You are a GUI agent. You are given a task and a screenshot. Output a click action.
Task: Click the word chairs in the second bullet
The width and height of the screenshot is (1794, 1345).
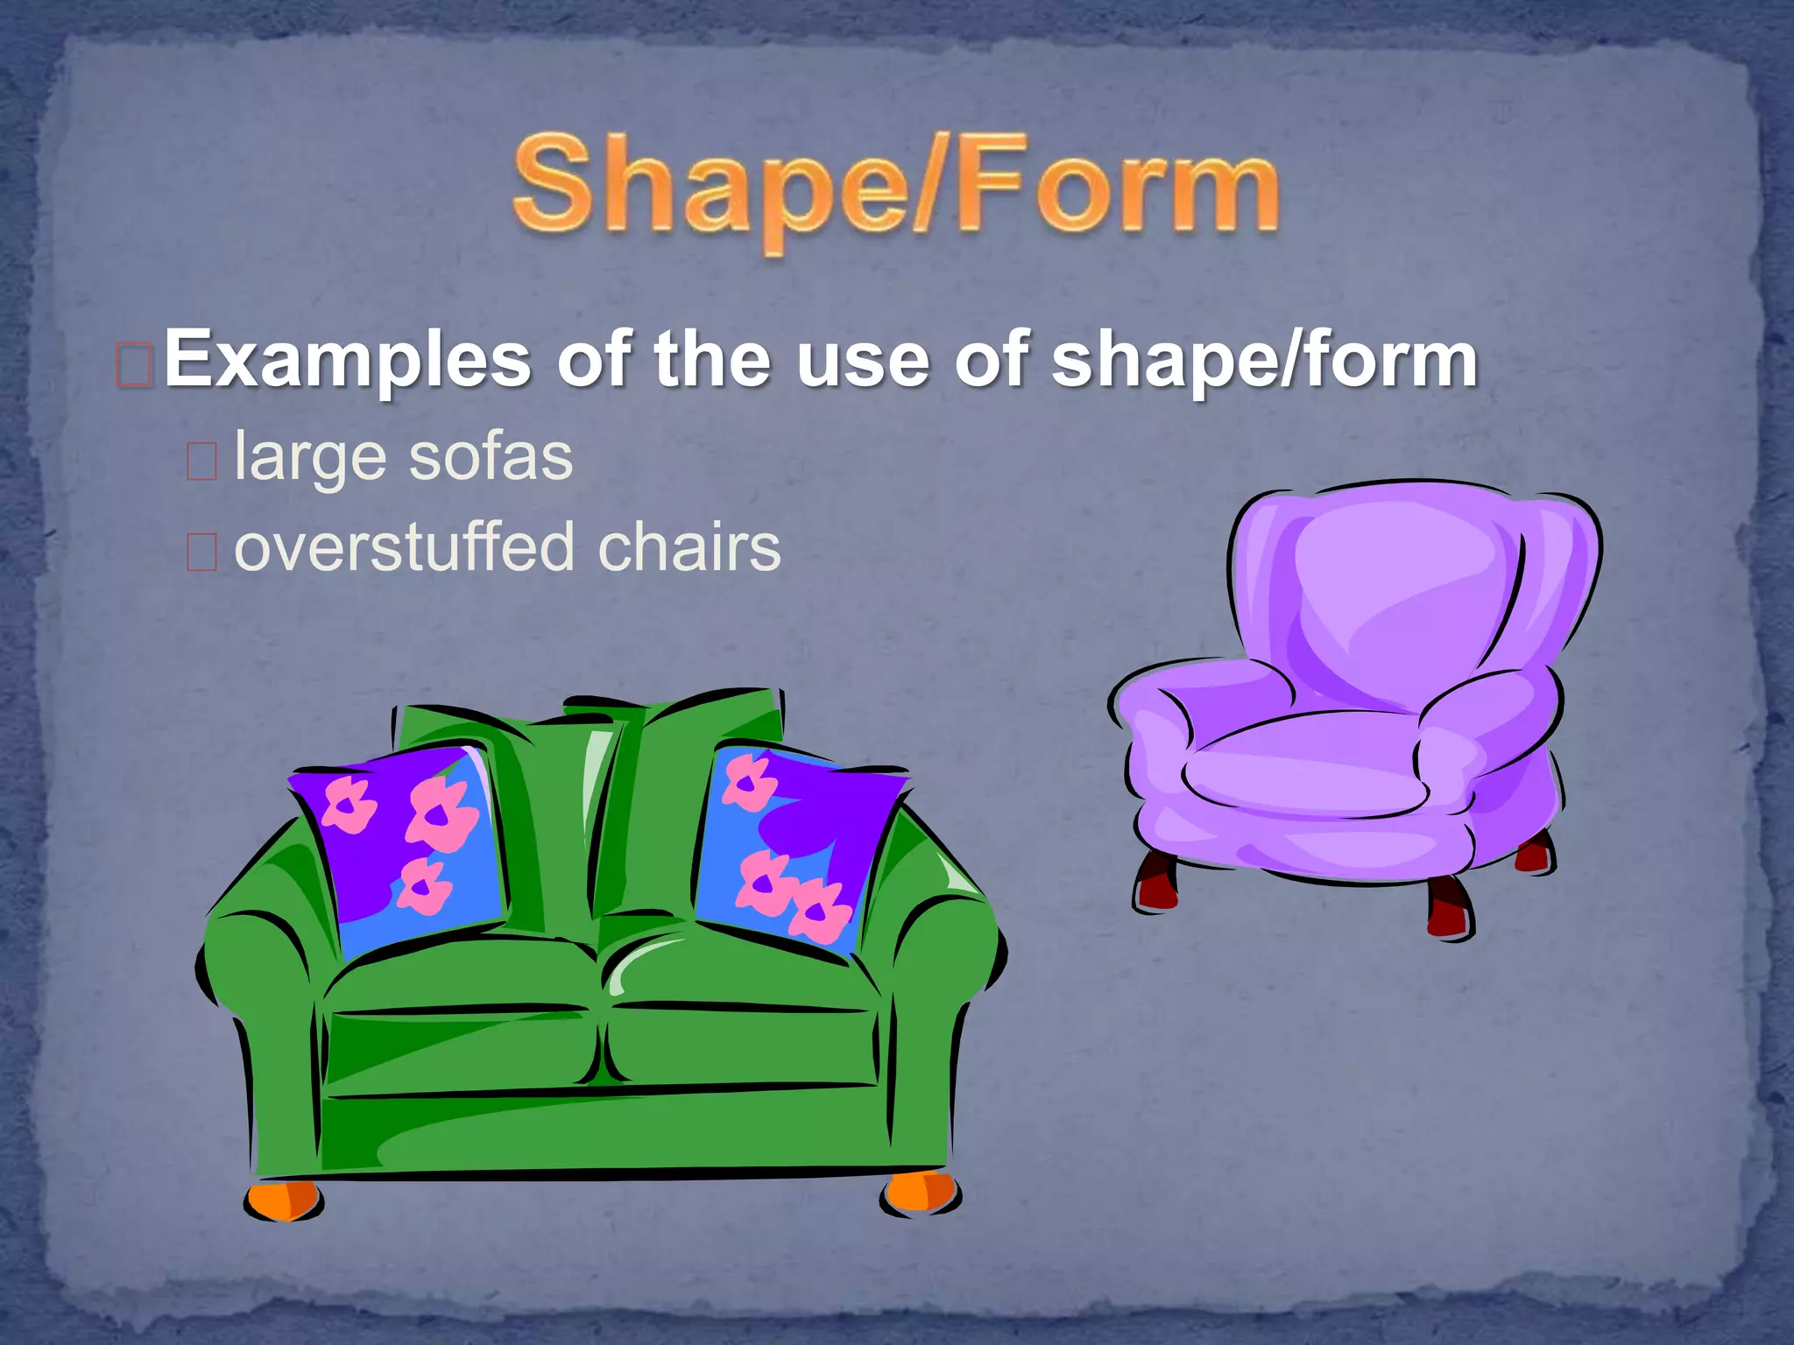(689, 547)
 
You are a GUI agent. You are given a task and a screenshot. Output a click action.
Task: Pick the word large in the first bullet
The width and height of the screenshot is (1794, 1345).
(311, 459)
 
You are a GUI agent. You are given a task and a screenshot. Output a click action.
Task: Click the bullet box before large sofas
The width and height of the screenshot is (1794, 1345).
(201, 461)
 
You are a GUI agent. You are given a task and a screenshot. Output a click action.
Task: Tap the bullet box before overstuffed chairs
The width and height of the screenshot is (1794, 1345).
(201, 552)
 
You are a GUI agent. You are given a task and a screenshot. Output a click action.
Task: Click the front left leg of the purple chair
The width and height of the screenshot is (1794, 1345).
(1156, 881)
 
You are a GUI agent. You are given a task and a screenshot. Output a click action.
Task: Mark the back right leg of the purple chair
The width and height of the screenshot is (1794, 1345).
(1535, 851)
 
